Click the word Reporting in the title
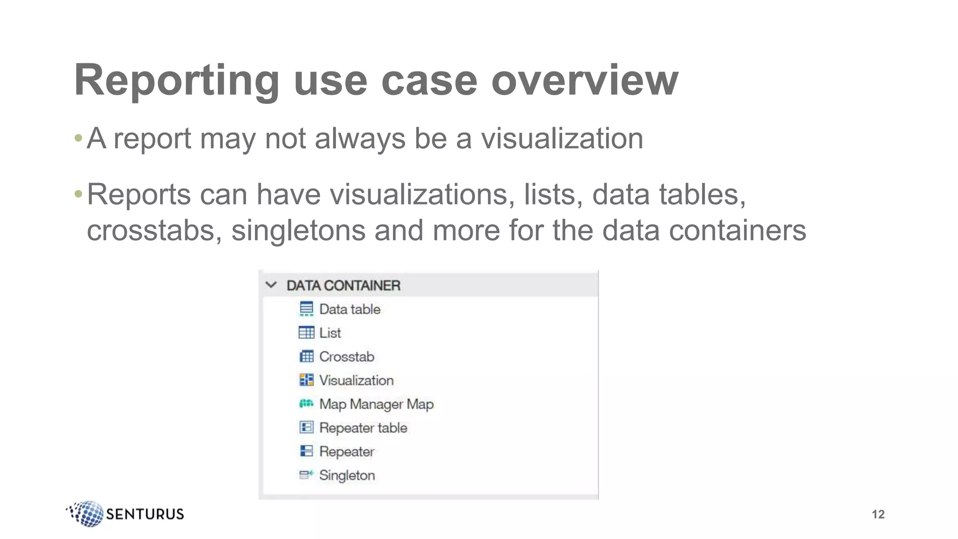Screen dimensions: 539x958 point(176,80)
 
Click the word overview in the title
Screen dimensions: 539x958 point(584,80)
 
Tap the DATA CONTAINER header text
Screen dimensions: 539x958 point(343,285)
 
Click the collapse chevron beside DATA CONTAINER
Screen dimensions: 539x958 point(271,285)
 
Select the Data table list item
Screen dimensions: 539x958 point(349,309)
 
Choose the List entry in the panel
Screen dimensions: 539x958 point(330,333)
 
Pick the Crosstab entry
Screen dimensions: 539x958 point(347,357)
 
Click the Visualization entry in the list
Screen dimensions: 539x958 point(356,380)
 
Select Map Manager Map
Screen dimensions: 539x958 point(376,404)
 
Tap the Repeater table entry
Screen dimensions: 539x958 point(363,428)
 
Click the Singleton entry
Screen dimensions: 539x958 point(347,475)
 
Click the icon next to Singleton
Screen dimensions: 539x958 point(306,475)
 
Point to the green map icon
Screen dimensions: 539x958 point(306,403)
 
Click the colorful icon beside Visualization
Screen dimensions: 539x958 point(306,380)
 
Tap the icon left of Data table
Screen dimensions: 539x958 point(306,309)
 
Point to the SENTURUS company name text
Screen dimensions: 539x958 point(145,514)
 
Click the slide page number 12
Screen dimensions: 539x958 point(878,514)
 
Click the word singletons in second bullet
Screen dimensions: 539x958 point(298,231)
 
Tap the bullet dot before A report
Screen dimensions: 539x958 point(79,138)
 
